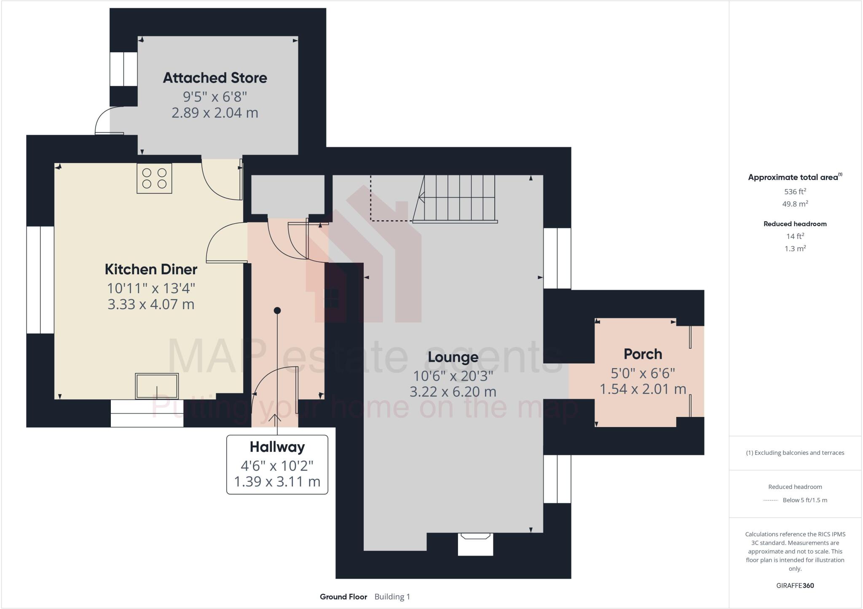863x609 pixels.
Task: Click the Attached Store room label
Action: pos(215,78)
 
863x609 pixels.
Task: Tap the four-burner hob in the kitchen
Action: pos(154,178)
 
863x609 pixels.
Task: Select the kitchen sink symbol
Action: pos(157,386)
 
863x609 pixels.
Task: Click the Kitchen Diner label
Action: pos(151,270)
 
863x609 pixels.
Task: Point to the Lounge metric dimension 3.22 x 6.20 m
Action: pos(453,392)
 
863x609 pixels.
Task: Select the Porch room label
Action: pos(643,354)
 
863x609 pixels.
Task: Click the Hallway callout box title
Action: pos(277,447)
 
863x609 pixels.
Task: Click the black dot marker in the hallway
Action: pos(277,310)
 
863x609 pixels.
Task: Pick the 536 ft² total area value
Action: pos(795,192)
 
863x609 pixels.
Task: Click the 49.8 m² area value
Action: pos(795,204)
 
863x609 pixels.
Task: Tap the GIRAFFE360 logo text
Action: pos(795,585)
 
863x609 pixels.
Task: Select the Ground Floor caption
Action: pos(343,597)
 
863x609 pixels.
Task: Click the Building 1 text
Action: pos(392,597)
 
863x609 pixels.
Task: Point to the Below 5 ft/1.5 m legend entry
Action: pos(804,500)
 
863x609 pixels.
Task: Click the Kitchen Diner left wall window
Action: pos(40,280)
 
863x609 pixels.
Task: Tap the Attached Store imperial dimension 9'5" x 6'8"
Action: pos(215,97)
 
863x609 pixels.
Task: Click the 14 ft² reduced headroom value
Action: pos(795,236)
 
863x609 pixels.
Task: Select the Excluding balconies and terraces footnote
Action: pos(795,453)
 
